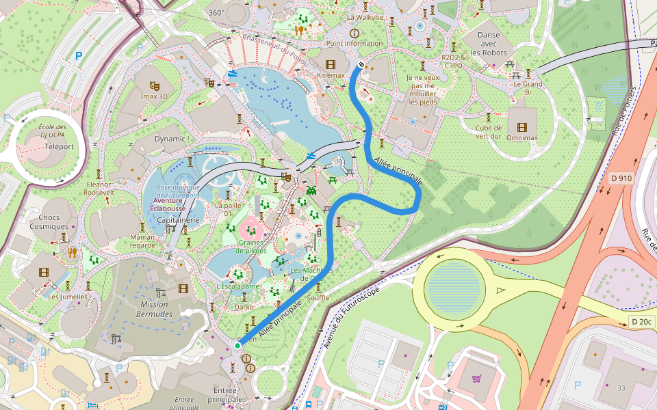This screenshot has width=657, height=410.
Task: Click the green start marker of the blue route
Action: (237, 346)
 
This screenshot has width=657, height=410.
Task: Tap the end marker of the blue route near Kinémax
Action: (361, 65)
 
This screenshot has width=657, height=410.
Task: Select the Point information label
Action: (355, 43)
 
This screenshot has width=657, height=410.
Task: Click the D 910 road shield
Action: (621, 178)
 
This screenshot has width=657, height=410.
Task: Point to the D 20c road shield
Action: (641, 322)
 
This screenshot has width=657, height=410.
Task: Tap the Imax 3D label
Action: (154, 96)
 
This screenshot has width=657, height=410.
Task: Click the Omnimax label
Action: (521, 137)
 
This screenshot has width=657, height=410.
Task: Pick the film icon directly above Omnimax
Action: (522, 127)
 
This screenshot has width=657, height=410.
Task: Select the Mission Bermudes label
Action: (155, 309)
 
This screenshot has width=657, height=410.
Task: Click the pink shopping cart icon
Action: (476, 378)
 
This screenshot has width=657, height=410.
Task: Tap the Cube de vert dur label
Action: (489, 131)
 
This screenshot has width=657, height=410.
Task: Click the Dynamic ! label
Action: (172, 139)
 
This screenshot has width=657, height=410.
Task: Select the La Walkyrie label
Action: (365, 17)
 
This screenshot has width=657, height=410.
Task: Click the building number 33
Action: (621, 388)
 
